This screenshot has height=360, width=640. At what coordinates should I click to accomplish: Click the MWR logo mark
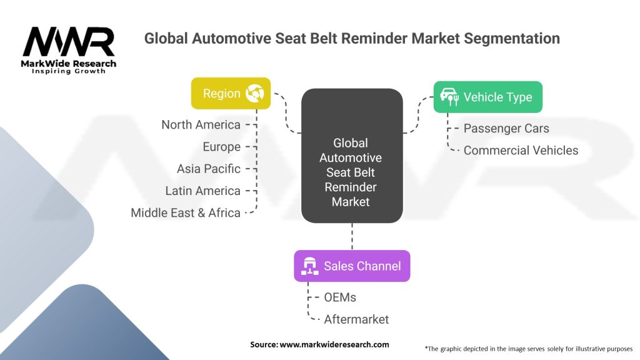click(x=69, y=42)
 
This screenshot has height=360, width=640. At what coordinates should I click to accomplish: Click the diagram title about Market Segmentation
click(x=352, y=38)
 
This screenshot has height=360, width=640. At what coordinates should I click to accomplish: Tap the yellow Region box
click(x=231, y=94)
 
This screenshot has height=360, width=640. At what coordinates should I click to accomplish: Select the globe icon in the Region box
click(x=254, y=94)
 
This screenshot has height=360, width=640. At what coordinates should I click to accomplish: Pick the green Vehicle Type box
click(x=487, y=97)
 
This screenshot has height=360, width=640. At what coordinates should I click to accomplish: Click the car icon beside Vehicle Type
click(x=449, y=96)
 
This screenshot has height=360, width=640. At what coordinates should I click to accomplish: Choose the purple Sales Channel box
click(x=352, y=266)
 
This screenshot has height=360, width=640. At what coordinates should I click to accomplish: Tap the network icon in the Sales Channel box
click(x=309, y=266)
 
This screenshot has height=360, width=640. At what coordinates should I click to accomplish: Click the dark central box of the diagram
click(x=351, y=156)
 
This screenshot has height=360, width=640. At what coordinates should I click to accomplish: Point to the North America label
click(x=201, y=125)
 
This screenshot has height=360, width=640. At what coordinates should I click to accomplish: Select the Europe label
click(x=221, y=147)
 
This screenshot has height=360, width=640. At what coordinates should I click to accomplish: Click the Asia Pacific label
click(x=208, y=169)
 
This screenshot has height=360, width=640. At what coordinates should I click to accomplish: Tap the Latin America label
click(x=202, y=191)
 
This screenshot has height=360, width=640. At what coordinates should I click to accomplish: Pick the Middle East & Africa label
click(x=186, y=212)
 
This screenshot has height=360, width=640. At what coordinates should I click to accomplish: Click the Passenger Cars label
click(x=506, y=128)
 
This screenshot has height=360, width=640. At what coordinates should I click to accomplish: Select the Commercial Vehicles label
click(x=521, y=150)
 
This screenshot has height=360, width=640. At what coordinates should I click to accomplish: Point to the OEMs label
click(x=340, y=297)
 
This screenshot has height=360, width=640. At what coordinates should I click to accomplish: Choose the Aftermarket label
click(x=356, y=319)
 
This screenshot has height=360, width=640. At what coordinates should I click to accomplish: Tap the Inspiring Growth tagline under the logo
click(x=69, y=71)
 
